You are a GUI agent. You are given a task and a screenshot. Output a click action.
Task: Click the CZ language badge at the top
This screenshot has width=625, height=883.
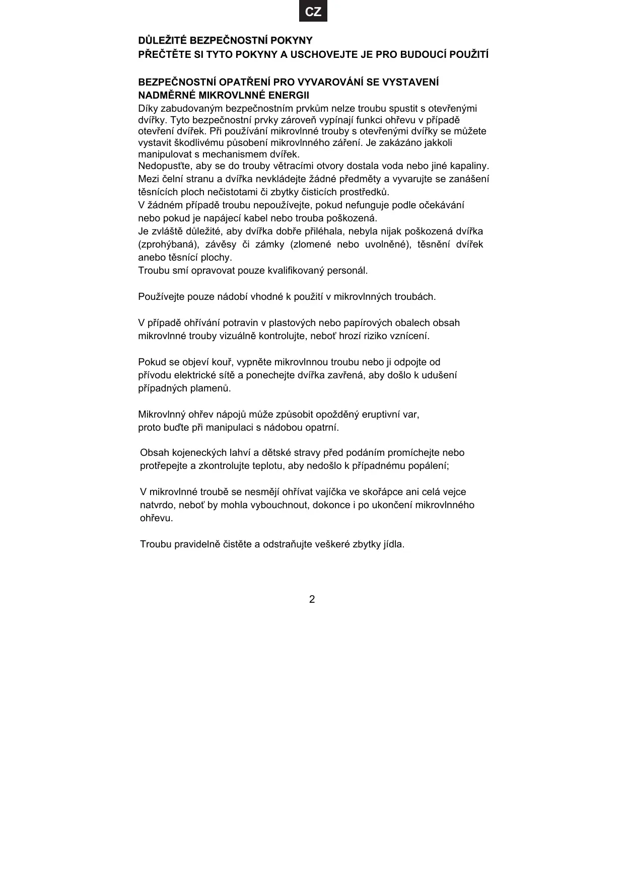tap(313, 12)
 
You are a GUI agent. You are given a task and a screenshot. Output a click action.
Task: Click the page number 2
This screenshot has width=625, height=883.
tap(312, 599)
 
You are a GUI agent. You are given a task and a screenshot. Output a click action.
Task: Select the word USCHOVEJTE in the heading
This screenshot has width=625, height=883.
tap(324, 54)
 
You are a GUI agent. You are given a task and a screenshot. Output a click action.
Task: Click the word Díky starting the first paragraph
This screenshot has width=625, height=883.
tap(148, 108)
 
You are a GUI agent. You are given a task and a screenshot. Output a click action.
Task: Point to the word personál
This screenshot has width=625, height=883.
tap(348, 271)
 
